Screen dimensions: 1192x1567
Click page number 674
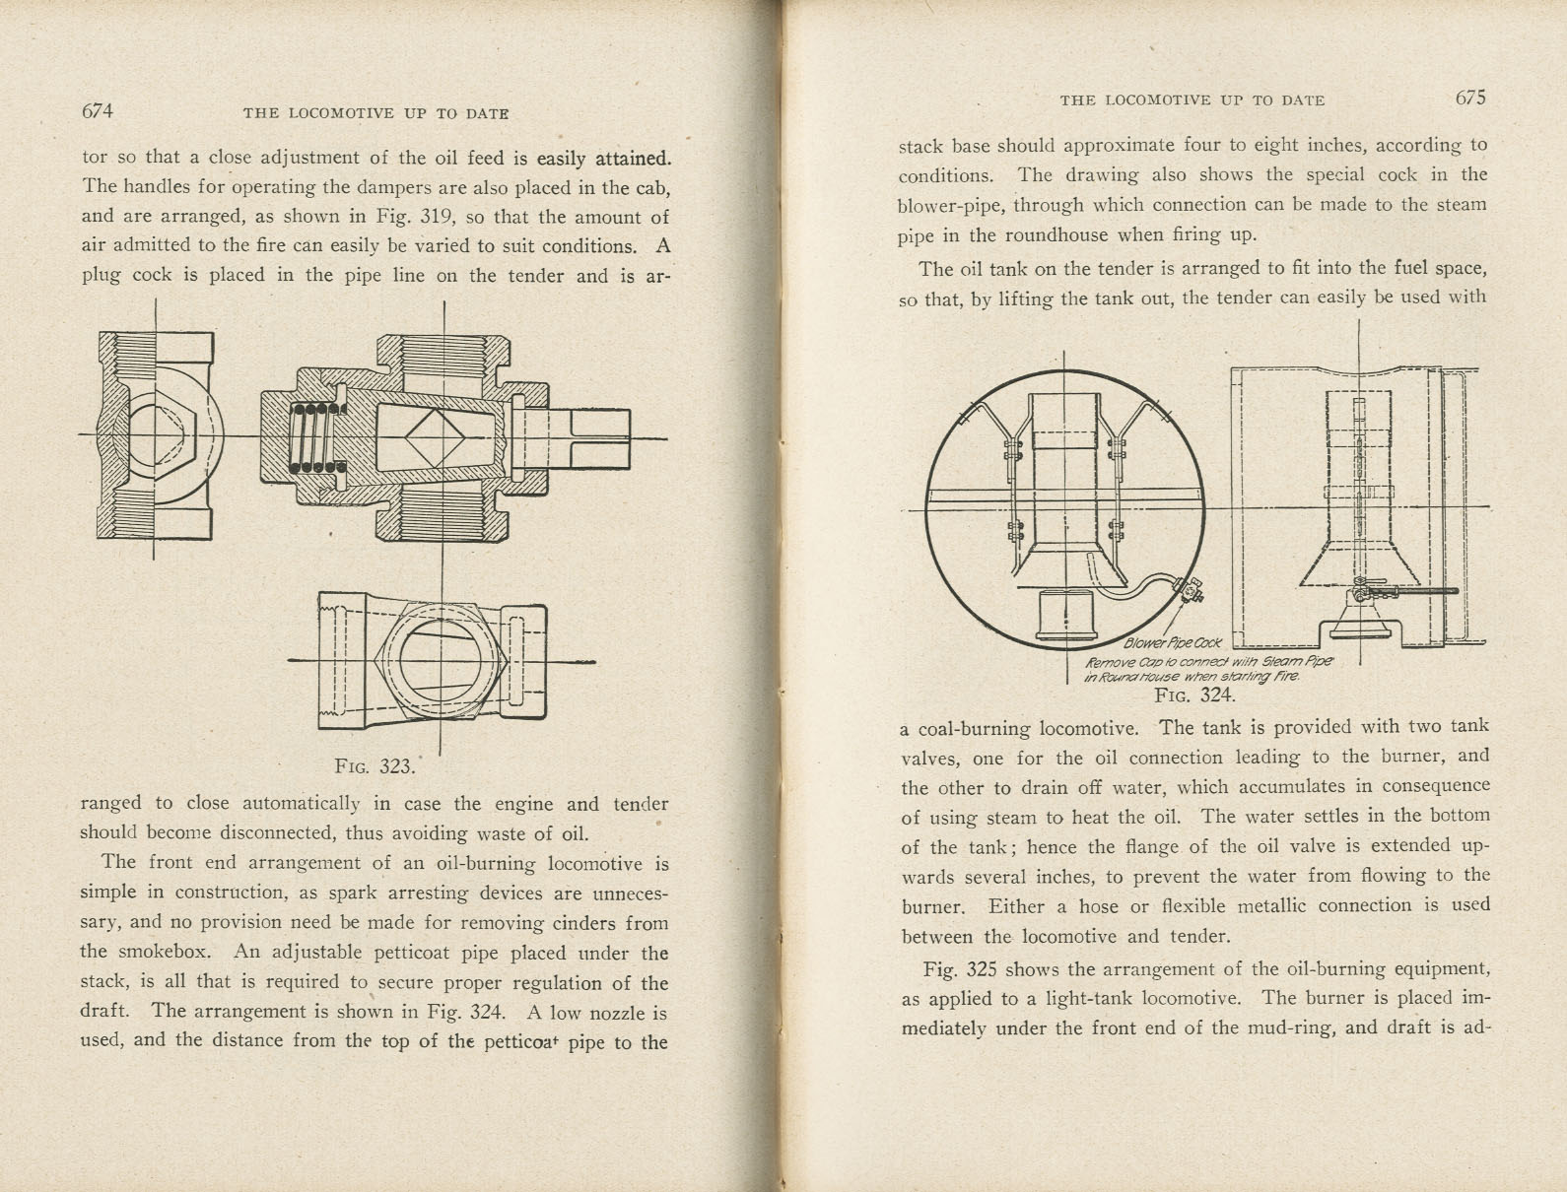coord(97,111)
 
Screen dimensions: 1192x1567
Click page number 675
coord(1468,98)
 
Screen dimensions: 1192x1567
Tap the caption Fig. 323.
coord(375,765)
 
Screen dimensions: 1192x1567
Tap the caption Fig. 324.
coord(1194,695)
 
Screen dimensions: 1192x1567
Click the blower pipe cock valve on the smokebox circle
coord(1191,591)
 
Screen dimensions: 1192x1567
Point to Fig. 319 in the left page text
coord(417,217)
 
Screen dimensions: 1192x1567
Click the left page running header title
coord(375,113)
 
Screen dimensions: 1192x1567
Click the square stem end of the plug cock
coord(597,438)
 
